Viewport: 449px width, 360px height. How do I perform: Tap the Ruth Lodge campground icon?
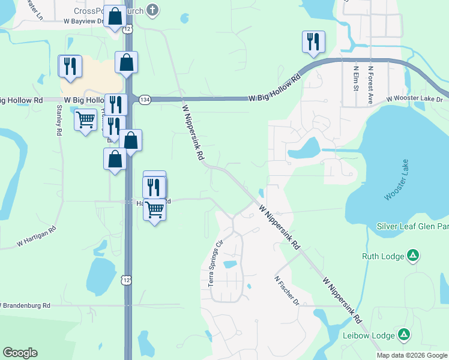(x=413, y=256)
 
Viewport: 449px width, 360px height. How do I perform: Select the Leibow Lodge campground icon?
(x=405, y=335)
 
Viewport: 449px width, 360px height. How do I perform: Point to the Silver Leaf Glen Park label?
(x=412, y=226)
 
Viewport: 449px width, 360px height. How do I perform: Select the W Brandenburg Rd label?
(x=26, y=305)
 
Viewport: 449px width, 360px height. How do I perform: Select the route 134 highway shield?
(x=145, y=99)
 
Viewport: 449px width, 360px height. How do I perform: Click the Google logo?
(x=20, y=353)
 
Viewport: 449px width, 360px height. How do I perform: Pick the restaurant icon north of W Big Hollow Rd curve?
(x=313, y=41)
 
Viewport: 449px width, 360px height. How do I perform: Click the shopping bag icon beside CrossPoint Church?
(x=115, y=17)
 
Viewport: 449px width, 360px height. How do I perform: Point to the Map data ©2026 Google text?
(x=412, y=355)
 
